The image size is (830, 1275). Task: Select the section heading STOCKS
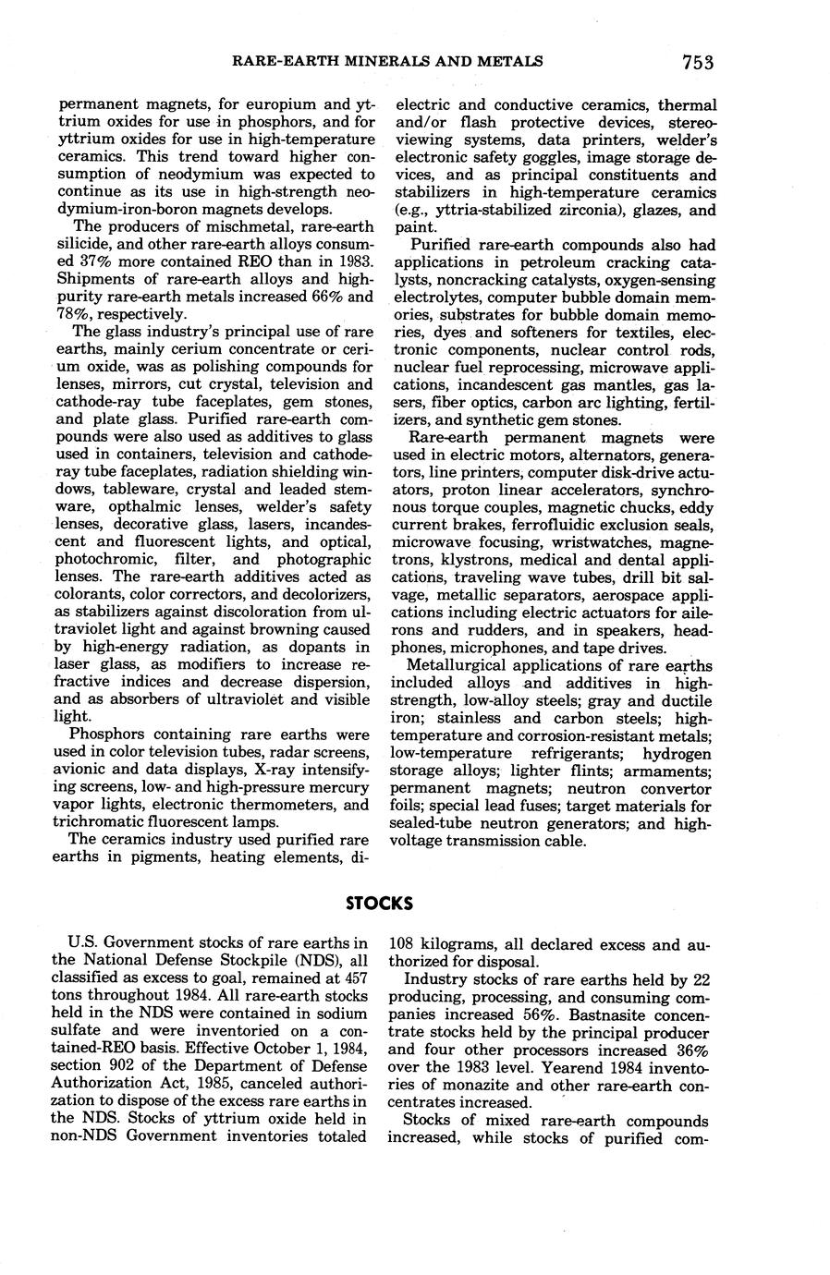(379, 903)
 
